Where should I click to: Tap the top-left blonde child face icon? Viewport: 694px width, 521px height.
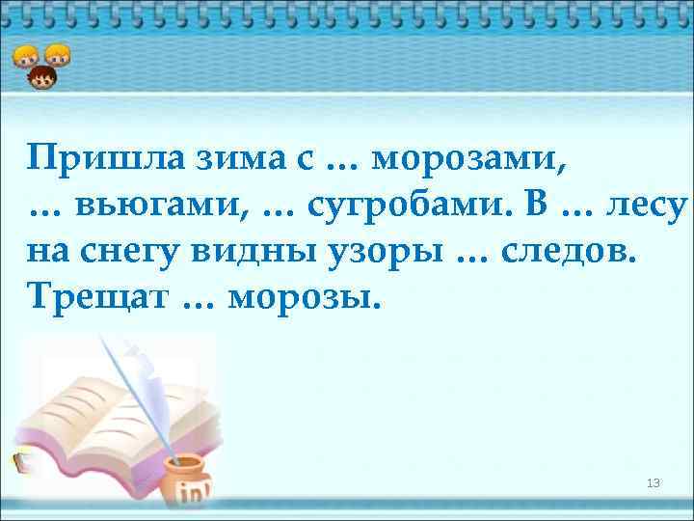pyautogui.click(x=25, y=56)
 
